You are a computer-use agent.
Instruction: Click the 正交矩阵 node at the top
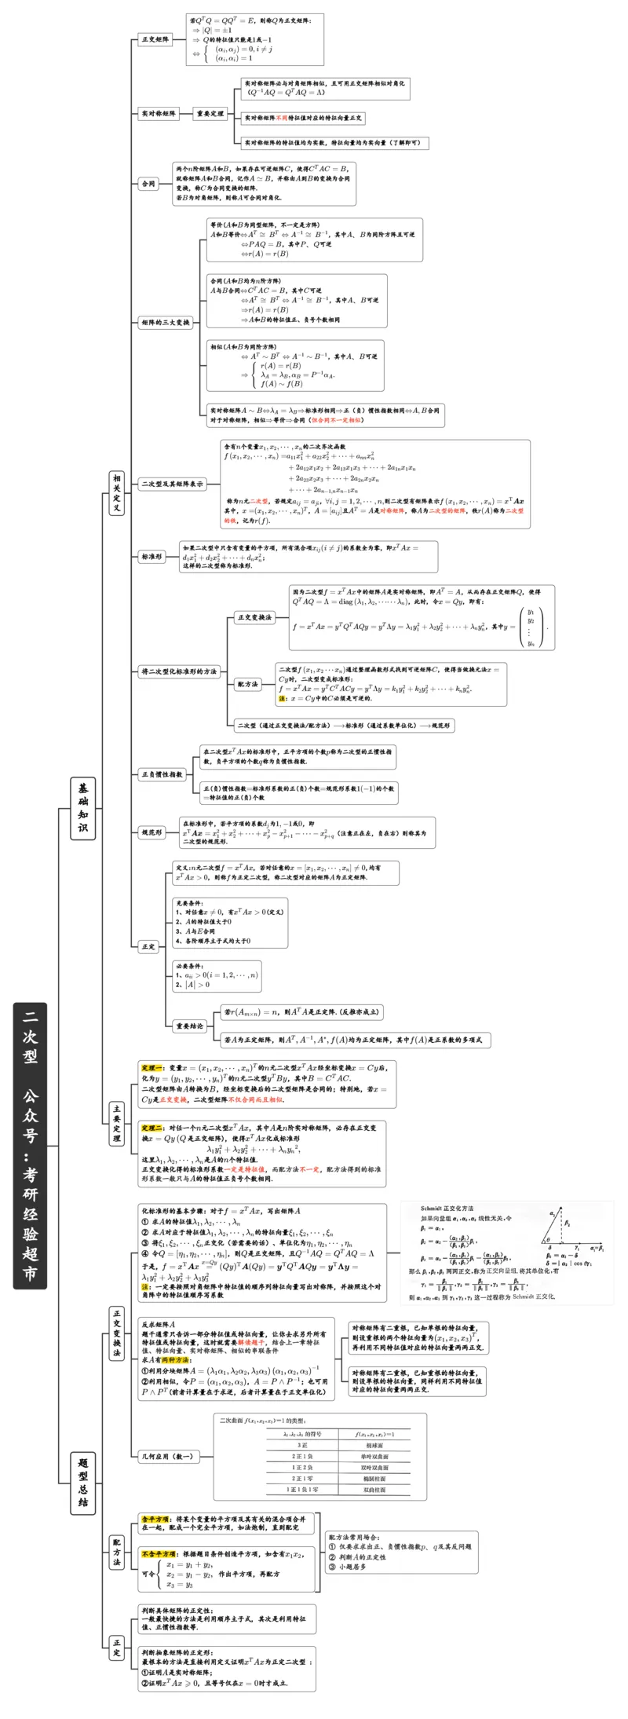[155, 39]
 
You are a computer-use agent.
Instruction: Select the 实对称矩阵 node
[159, 114]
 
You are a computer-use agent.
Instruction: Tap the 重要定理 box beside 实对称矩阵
[210, 114]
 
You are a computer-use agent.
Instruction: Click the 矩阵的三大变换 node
[166, 323]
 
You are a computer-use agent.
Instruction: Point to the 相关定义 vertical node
[116, 492]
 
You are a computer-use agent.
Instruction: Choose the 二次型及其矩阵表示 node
[172, 485]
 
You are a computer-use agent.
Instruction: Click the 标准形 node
[152, 557]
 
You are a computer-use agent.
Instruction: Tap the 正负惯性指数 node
[162, 774]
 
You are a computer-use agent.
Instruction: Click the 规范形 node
[152, 832]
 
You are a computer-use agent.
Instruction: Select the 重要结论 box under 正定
[189, 1026]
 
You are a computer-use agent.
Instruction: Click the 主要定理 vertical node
[115, 1124]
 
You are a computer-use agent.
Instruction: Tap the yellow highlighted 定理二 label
[152, 1128]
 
